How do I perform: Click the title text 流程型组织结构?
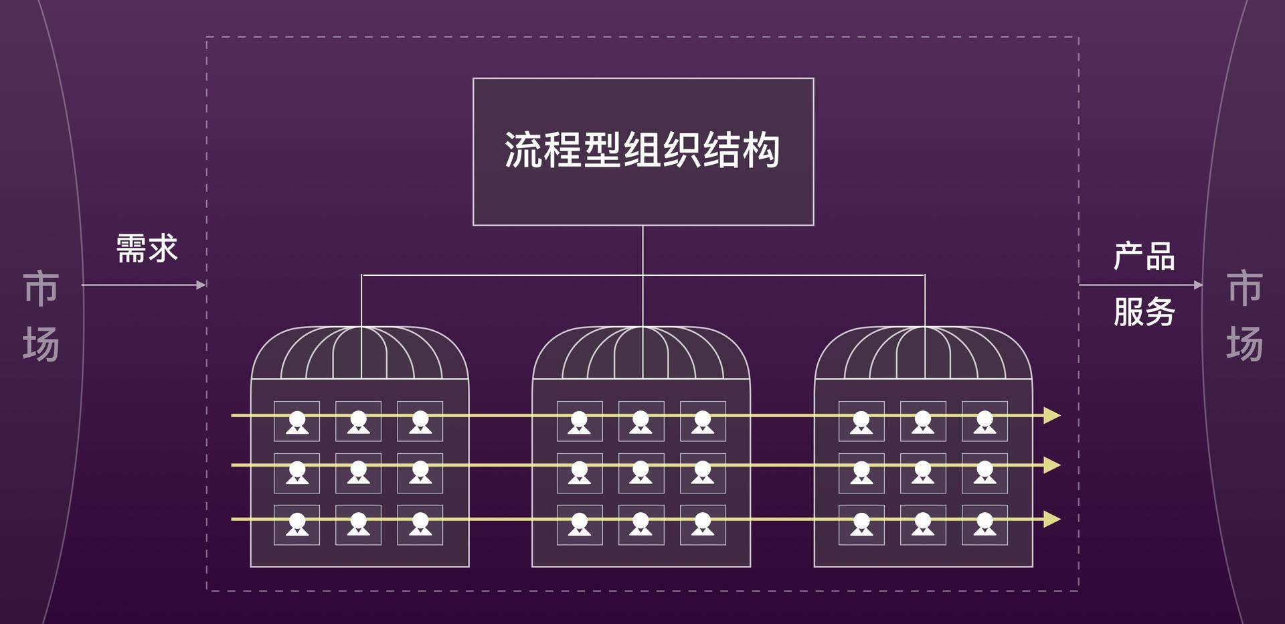(x=642, y=149)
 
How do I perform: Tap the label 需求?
(x=147, y=248)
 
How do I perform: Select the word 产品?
(x=1144, y=256)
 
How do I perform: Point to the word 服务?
(x=1144, y=311)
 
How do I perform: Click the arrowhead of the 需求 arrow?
(x=201, y=285)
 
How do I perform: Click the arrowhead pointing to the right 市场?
(x=1199, y=285)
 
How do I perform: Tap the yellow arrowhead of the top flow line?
(x=1052, y=416)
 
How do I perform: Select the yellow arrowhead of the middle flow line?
(x=1052, y=465)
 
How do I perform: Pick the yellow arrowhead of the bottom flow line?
(x=1052, y=519)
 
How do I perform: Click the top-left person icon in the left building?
(x=297, y=422)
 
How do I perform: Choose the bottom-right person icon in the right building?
(x=984, y=524)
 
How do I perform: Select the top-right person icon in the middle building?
(x=703, y=422)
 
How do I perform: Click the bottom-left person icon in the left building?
(x=297, y=524)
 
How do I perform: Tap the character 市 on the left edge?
(x=41, y=289)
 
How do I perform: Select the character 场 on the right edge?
(x=1244, y=343)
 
